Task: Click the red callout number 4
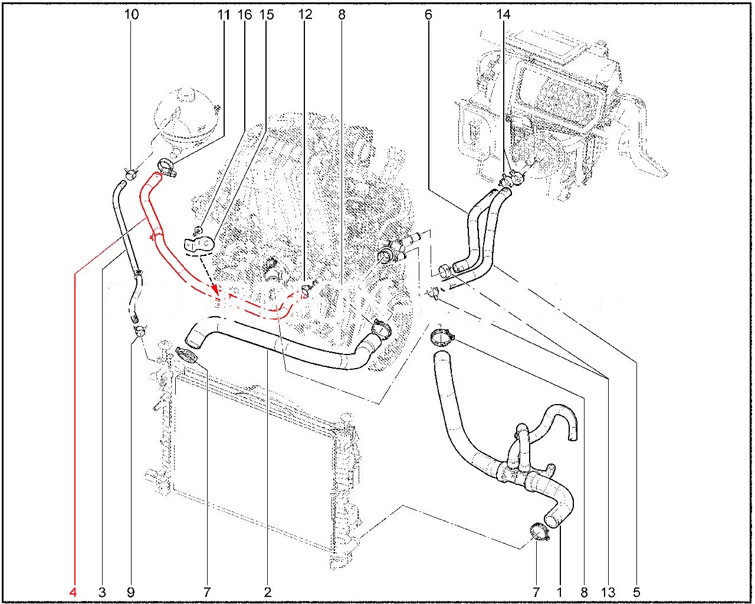coord(73,592)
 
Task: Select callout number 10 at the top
coord(132,15)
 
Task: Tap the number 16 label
coord(245,15)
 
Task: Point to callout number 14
coord(504,15)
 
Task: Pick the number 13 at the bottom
coord(608,592)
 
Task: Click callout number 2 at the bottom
coord(268,592)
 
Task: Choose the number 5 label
coord(637,592)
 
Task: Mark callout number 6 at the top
coord(428,15)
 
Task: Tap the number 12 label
coord(305,15)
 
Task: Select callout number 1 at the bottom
coord(560,592)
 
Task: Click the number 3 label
coord(102,592)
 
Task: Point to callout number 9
coord(130,592)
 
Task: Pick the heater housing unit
coord(562,112)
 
